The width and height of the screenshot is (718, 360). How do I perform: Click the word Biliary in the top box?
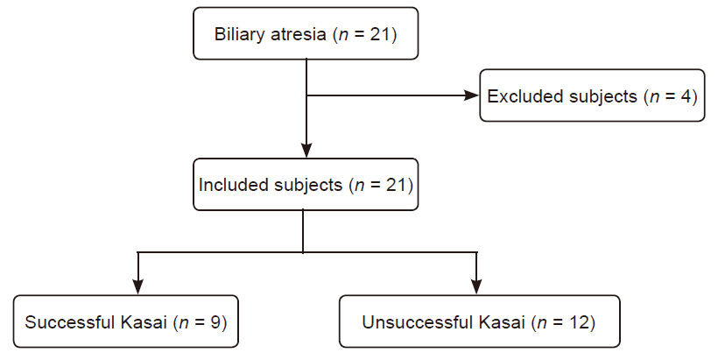click(x=240, y=35)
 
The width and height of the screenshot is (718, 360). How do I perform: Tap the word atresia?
click(x=298, y=34)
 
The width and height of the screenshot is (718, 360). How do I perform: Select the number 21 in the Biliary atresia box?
click(x=379, y=34)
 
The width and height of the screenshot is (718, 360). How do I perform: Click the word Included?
click(x=234, y=185)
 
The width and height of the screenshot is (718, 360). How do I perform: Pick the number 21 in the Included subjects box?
click(x=396, y=185)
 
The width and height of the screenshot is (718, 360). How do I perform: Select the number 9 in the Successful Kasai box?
click(x=215, y=322)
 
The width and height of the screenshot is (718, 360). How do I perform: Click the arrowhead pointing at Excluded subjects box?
click(x=472, y=95)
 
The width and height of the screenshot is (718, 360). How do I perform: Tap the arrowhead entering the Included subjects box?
click(x=306, y=151)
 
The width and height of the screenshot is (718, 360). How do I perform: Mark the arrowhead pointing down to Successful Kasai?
click(x=137, y=286)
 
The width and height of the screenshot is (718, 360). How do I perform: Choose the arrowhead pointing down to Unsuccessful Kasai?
click(x=476, y=286)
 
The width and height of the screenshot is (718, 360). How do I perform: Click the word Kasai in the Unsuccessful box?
click(x=502, y=322)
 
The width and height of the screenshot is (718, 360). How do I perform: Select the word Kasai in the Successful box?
click(x=144, y=322)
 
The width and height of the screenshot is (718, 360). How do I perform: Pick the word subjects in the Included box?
click(x=308, y=185)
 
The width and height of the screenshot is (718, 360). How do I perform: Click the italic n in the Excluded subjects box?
click(x=654, y=97)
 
